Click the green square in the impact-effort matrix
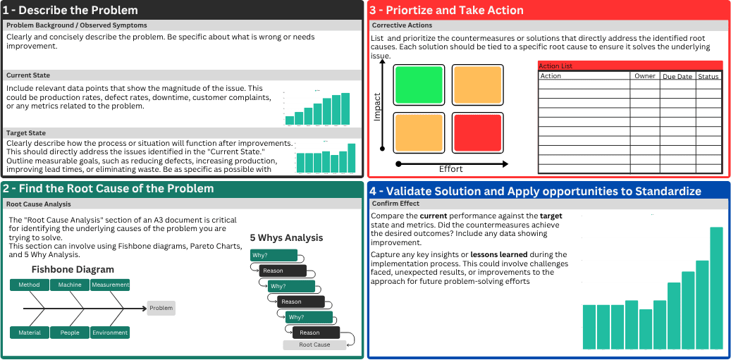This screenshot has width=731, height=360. (419, 85)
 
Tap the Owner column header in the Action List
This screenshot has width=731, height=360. (644, 76)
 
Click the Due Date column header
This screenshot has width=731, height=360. (677, 76)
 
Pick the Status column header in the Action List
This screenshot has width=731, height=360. (708, 76)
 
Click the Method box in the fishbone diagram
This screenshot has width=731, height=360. (29, 285)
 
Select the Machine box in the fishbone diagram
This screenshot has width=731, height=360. (70, 285)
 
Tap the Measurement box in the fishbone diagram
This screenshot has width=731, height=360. (110, 285)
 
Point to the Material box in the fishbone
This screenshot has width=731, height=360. (29, 333)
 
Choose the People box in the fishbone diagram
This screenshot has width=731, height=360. (70, 333)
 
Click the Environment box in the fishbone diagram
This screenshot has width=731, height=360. (110, 333)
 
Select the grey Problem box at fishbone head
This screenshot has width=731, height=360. (161, 309)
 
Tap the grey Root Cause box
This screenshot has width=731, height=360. (314, 345)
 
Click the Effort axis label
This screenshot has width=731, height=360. (451, 169)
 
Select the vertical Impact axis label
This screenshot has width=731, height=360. (377, 106)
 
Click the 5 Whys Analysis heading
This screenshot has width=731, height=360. (286, 238)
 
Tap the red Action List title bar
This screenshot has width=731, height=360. (629, 66)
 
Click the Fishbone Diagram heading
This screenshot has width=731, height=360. (73, 270)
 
